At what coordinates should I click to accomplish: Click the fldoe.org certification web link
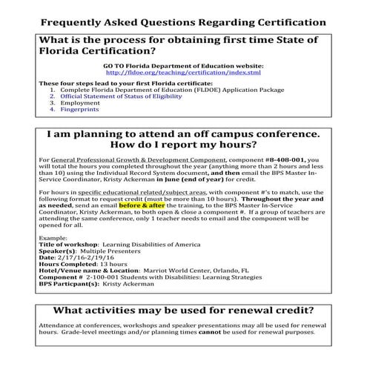click(183, 73)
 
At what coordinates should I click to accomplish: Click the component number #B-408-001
click(283, 159)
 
